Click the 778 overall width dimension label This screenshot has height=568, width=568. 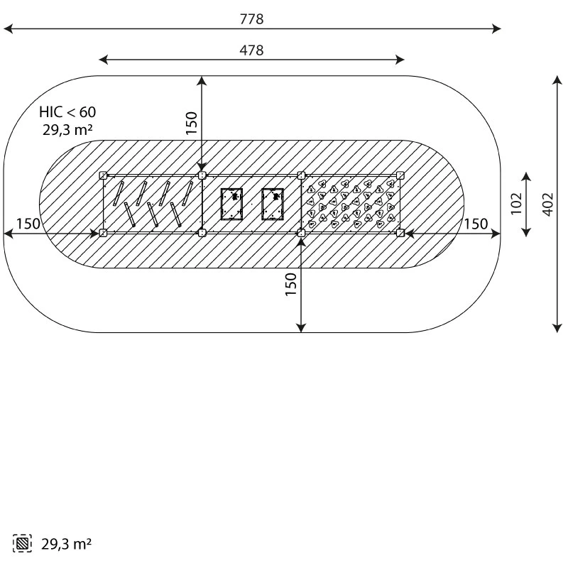pos(252,19)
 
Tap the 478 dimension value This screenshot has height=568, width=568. pos(252,50)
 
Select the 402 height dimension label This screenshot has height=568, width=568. pos(548,204)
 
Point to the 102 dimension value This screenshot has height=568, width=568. pos(516,204)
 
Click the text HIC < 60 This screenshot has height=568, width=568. pos(67,112)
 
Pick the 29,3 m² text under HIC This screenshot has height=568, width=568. pos(67,130)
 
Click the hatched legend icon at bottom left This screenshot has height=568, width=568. pos(22,543)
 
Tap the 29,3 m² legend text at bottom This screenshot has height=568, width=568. pos(66,544)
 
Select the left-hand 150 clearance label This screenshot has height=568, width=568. pos(28,224)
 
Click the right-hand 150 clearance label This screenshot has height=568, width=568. pos(476,224)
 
